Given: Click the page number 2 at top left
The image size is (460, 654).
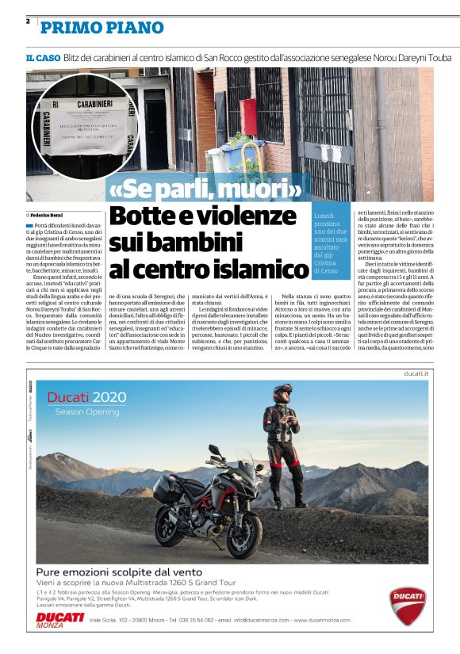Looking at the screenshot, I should point(28,21).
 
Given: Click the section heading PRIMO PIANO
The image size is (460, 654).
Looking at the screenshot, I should point(102,28).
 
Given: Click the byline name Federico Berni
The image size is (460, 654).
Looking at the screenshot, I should point(52,214).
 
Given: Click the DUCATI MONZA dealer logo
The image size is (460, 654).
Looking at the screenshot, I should point(59,619).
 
